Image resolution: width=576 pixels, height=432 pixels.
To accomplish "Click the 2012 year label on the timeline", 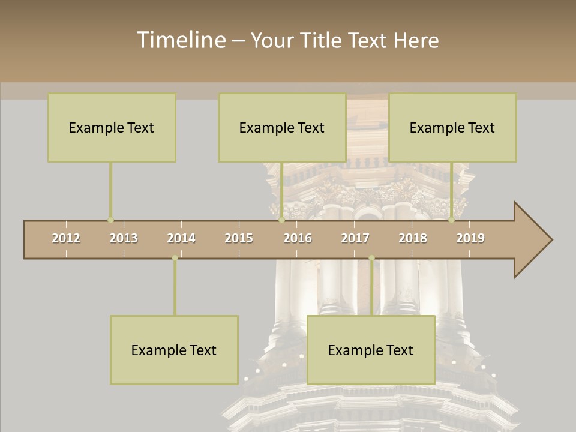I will click(66, 238).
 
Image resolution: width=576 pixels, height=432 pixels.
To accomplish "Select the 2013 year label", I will click(124, 238).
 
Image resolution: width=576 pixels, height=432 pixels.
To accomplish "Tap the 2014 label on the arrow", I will click(181, 238).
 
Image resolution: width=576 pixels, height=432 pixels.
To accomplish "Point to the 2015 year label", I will click(239, 238).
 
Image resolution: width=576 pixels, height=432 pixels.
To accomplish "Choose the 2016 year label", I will click(298, 238).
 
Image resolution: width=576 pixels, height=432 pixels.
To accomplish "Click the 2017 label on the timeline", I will click(355, 238).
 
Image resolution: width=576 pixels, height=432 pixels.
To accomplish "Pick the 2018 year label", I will click(413, 238).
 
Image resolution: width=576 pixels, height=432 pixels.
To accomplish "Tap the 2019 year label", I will click(470, 238).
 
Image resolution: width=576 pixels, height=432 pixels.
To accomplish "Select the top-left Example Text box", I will click(112, 127).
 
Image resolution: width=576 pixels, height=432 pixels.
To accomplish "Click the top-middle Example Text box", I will click(282, 127).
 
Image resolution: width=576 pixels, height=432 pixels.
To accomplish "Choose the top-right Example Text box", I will click(452, 127).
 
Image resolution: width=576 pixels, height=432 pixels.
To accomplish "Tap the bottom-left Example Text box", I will click(174, 350).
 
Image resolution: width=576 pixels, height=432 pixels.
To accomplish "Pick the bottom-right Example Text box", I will click(371, 350).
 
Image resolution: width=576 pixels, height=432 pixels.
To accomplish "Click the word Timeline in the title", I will click(181, 40).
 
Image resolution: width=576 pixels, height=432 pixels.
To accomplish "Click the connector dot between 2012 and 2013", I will click(110, 220).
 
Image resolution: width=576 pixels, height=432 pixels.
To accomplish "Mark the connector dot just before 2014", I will click(175, 258).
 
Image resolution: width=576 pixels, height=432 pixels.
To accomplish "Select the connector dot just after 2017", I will click(371, 258).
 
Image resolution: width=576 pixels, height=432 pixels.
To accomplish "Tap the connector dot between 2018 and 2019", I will click(451, 220).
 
